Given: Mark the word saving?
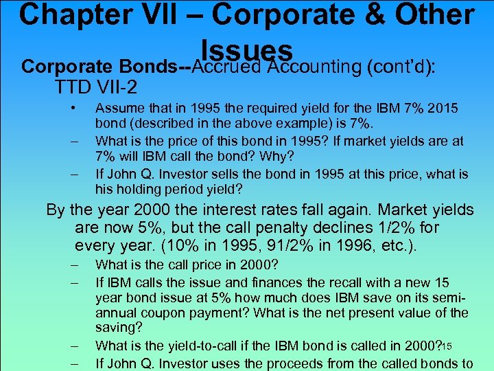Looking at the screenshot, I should click(x=119, y=329).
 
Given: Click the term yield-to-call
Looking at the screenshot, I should click(x=213, y=346).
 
